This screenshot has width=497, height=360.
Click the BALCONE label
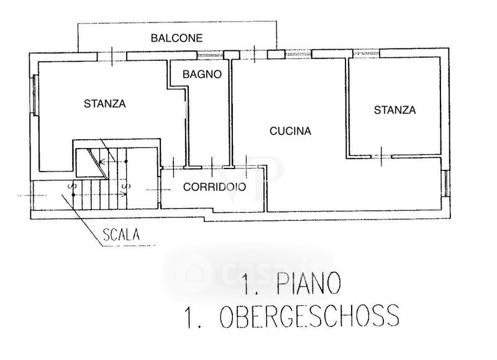[177, 38]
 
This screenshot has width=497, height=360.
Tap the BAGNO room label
[202, 74]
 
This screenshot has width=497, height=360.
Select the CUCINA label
[290, 131]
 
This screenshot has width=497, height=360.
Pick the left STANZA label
[105, 104]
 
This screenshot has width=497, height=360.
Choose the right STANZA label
[394, 110]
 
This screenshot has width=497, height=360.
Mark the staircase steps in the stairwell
[103, 187]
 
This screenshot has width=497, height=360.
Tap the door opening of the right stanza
[380, 156]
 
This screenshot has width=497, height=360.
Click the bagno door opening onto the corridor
[212, 167]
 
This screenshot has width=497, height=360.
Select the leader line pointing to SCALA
[81, 215]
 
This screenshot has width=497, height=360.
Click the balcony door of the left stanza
[112, 57]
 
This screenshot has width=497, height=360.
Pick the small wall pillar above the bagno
[231, 55]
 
